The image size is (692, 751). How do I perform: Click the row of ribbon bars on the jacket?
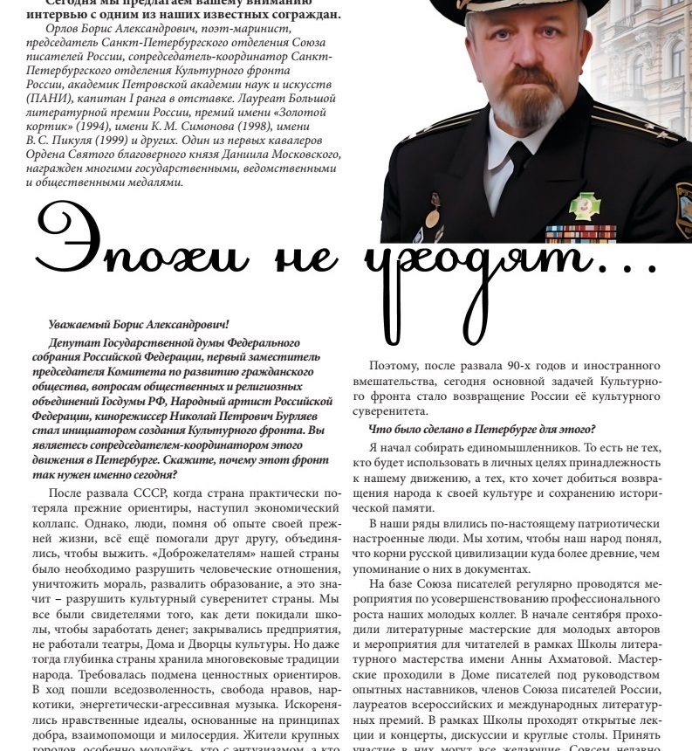click(581, 233)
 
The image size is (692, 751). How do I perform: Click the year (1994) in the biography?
click(92, 128)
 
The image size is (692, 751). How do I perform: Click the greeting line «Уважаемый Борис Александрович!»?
click(139, 325)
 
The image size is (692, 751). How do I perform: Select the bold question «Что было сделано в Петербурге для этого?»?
click(482, 428)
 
